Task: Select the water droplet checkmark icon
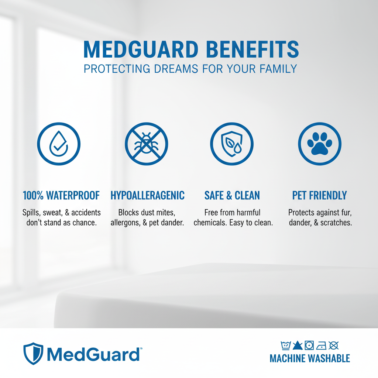pyautogui.click(x=59, y=143)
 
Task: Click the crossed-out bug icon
pyautogui.click(x=146, y=143)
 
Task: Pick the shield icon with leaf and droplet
pyautogui.click(x=232, y=143)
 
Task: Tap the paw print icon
pyautogui.click(x=320, y=143)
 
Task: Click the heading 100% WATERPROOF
pyautogui.click(x=61, y=195)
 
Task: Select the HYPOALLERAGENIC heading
pyautogui.click(x=148, y=195)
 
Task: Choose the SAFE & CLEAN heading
pyautogui.click(x=232, y=195)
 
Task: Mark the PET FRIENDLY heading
pyautogui.click(x=320, y=195)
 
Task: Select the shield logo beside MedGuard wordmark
pyautogui.click(x=33, y=354)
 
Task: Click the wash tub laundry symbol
pyautogui.click(x=286, y=346)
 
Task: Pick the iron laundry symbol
pyautogui.click(x=321, y=346)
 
